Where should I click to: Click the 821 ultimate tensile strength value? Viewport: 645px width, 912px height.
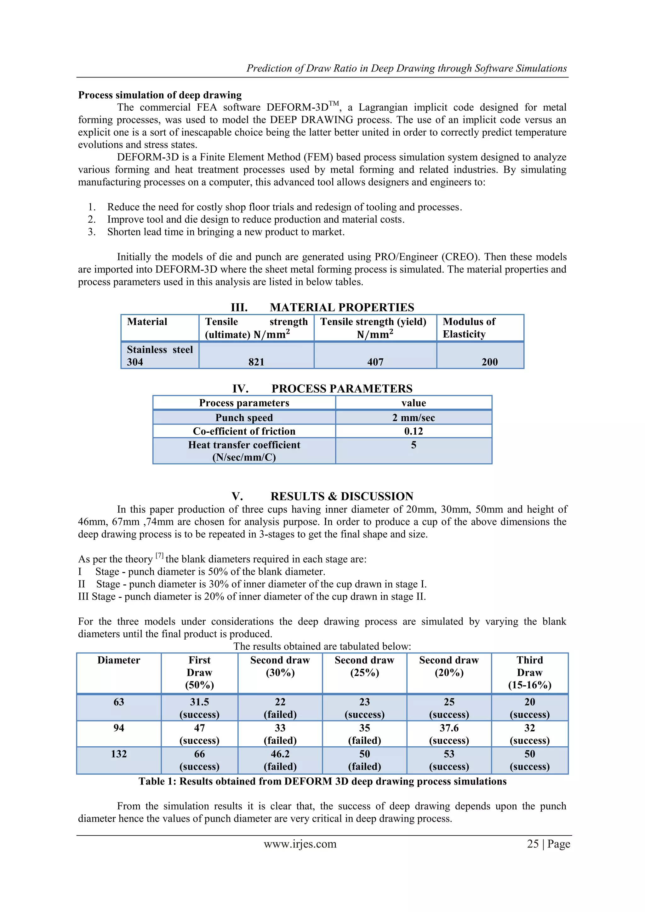pyautogui.click(x=256, y=362)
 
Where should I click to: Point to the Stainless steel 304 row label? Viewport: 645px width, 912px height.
pyautogui.click(x=160, y=356)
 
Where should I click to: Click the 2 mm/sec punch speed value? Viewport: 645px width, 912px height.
pyautogui.click(x=414, y=418)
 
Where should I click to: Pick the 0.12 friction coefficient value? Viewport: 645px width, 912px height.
pyautogui.click(x=414, y=431)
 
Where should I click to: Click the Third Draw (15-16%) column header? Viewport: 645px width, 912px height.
pyautogui.click(x=529, y=672)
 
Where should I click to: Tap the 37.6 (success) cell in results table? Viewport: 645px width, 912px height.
pyautogui.click(x=449, y=734)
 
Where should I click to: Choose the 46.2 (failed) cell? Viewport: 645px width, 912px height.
pyautogui.click(x=280, y=760)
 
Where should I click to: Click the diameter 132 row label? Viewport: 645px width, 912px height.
pyautogui.click(x=119, y=754)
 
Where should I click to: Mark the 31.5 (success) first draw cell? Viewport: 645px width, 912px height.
pyautogui.click(x=199, y=708)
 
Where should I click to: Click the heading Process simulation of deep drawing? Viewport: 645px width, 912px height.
pyautogui.click(x=160, y=95)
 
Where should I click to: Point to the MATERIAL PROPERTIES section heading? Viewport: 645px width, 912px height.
pyautogui.click(x=342, y=307)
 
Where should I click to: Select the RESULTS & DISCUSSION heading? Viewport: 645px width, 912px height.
pyautogui.click(x=342, y=496)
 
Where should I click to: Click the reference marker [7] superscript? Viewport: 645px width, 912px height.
pyautogui.click(x=159, y=556)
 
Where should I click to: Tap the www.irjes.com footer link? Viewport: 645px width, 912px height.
pyautogui.click(x=300, y=844)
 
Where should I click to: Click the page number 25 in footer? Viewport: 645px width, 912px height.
pyautogui.click(x=533, y=844)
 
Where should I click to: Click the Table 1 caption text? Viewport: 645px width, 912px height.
pyautogui.click(x=322, y=781)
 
